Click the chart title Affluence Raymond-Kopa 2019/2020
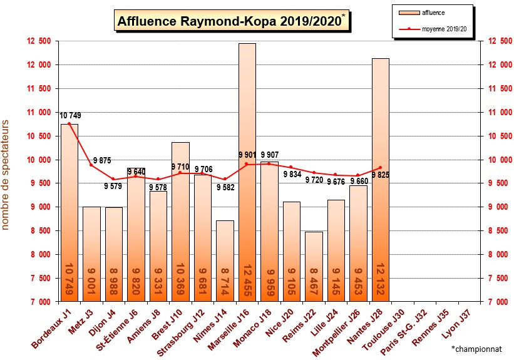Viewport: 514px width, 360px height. (x=230, y=21)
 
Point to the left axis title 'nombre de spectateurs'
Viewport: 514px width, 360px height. (x=6, y=175)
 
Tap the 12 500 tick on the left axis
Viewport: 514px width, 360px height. (x=38, y=41)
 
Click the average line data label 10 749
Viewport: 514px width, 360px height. (x=70, y=115)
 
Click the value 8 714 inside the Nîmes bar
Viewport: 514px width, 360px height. (x=225, y=280)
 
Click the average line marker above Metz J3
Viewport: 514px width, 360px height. (x=91, y=165)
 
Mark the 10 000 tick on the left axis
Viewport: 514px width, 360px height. (x=38, y=160)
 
